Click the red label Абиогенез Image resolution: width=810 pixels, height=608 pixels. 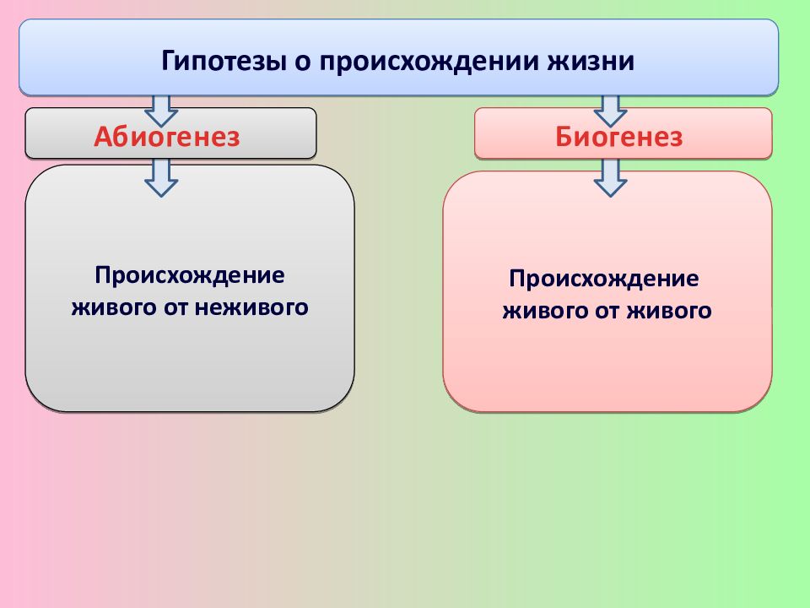(167, 137)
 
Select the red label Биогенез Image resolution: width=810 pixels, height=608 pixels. (618, 137)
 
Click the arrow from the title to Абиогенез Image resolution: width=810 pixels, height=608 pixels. (161, 109)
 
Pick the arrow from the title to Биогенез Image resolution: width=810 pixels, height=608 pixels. (610, 109)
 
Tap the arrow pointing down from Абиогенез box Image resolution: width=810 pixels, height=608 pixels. (161, 176)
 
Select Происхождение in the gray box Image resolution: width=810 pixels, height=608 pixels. (190, 276)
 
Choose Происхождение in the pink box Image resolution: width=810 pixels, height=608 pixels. (604, 279)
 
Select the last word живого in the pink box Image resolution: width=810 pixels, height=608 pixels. (669, 312)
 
